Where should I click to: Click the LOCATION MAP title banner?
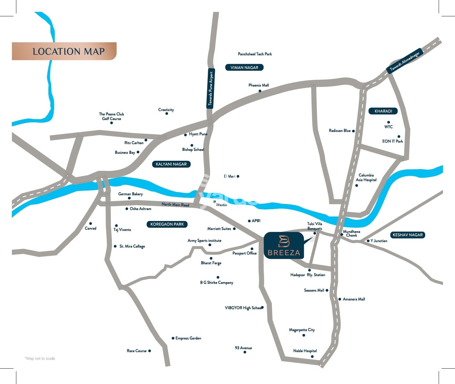click(x=64, y=51)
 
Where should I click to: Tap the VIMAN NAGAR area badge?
click(x=244, y=68)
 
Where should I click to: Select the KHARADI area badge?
click(x=383, y=111)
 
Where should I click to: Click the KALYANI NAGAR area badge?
click(x=171, y=164)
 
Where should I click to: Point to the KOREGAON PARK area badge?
click(x=167, y=224)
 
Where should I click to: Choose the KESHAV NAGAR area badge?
click(x=407, y=235)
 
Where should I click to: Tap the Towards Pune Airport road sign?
click(x=210, y=88)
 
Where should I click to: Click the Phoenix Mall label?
click(x=258, y=85)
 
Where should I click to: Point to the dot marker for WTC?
click(x=388, y=122)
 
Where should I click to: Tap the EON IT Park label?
click(x=392, y=141)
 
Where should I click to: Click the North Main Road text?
click(x=175, y=204)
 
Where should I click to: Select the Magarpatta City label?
click(x=302, y=330)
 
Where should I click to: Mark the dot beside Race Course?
click(x=150, y=351)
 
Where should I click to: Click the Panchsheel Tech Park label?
click(x=255, y=54)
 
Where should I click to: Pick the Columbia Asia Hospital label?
click(x=366, y=177)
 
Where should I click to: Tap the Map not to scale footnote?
click(x=40, y=358)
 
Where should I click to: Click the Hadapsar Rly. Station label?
click(x=307, y=275)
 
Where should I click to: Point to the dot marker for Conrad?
click(x=91, y=224)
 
